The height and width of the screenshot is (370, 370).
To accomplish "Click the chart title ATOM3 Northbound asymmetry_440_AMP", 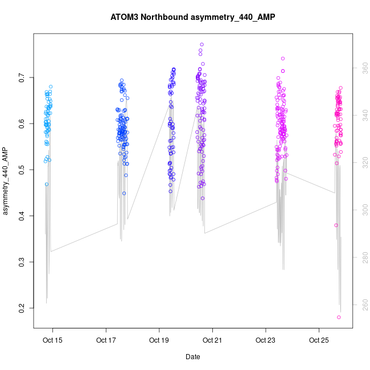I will coord(192,17).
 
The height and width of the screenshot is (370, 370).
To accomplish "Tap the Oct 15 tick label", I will coord(53,340).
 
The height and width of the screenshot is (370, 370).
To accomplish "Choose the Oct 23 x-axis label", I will coord(265,340).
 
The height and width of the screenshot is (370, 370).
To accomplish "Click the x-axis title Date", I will coord(192,357).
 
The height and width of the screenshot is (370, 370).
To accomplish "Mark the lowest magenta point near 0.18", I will coord(339,317).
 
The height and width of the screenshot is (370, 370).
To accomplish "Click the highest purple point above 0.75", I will coord(202,44).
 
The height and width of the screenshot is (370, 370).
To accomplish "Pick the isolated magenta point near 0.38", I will coord(336,225).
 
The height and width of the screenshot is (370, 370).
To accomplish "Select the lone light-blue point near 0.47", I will coord(47,184).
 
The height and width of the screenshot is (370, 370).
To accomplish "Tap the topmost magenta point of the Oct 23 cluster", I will coord(283,58).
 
